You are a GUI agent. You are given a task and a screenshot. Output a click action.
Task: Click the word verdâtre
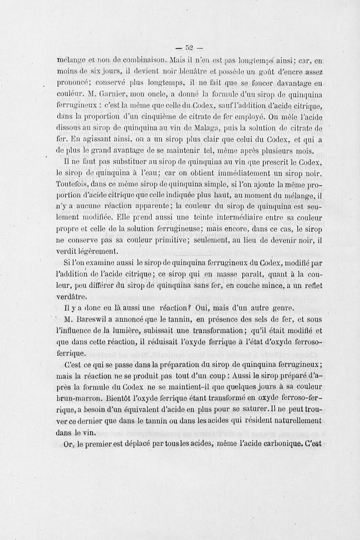71,296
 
